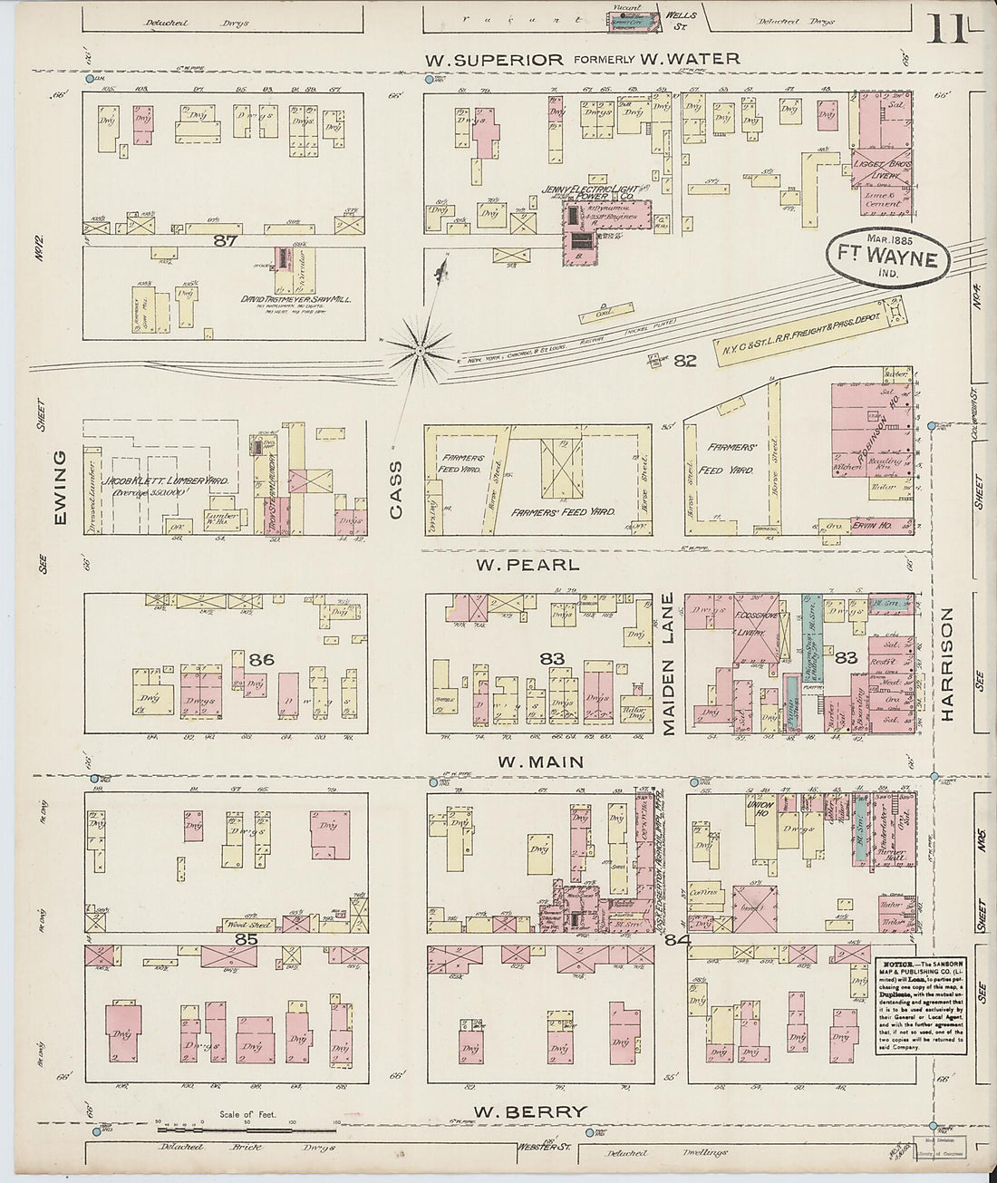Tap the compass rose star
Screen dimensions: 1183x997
pos(421,349)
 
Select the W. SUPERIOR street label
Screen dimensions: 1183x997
pos(496,60)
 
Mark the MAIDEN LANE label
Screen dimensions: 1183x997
pos(669,651)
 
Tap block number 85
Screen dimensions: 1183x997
pos(247,940)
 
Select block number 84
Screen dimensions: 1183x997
pos(677,940)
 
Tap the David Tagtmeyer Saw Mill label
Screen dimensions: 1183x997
pos(284,298)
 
